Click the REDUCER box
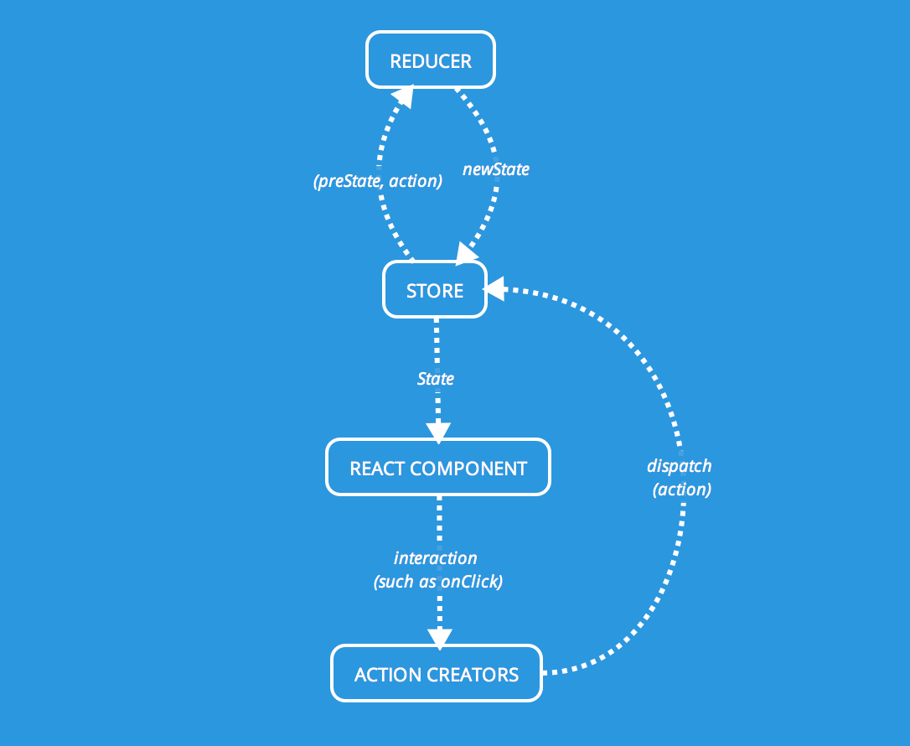pos(431,60)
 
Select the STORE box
pos(434,290)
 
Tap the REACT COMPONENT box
pos(437,468)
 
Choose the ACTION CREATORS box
pos(437,674)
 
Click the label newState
pos(496,169)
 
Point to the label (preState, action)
pos(377,180)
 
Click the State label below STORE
pos(436,379)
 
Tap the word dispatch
pos(679,466)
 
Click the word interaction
pos(436,558)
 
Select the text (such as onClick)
pos(437,582)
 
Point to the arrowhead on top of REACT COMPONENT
pos(438,430)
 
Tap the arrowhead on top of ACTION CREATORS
pos(438,637)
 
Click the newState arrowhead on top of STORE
pos(466,251)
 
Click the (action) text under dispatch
pos(681,490)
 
